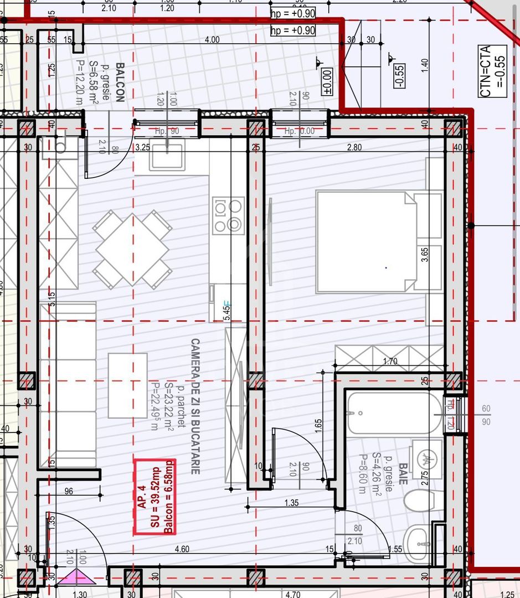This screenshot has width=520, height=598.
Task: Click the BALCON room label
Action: click(120, 82)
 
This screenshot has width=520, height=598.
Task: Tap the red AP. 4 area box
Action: click(155, 497)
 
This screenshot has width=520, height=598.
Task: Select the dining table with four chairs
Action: click(132, 250)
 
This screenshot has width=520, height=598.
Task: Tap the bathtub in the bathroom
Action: click(394, 413)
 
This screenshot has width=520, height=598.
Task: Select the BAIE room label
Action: click(403, 474)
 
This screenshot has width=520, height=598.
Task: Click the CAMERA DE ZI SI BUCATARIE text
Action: click(195, 406)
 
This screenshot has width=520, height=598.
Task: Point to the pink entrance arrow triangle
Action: click(74, 578)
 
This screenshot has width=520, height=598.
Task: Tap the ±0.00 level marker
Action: click(327, 81)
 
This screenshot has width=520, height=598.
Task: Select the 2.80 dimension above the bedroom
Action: click(354, 147)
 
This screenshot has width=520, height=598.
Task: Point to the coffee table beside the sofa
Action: click(127, 385)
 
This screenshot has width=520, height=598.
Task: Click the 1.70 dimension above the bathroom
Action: click(390, 362)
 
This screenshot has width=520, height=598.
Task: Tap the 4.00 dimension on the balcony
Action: click(212, 40)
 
